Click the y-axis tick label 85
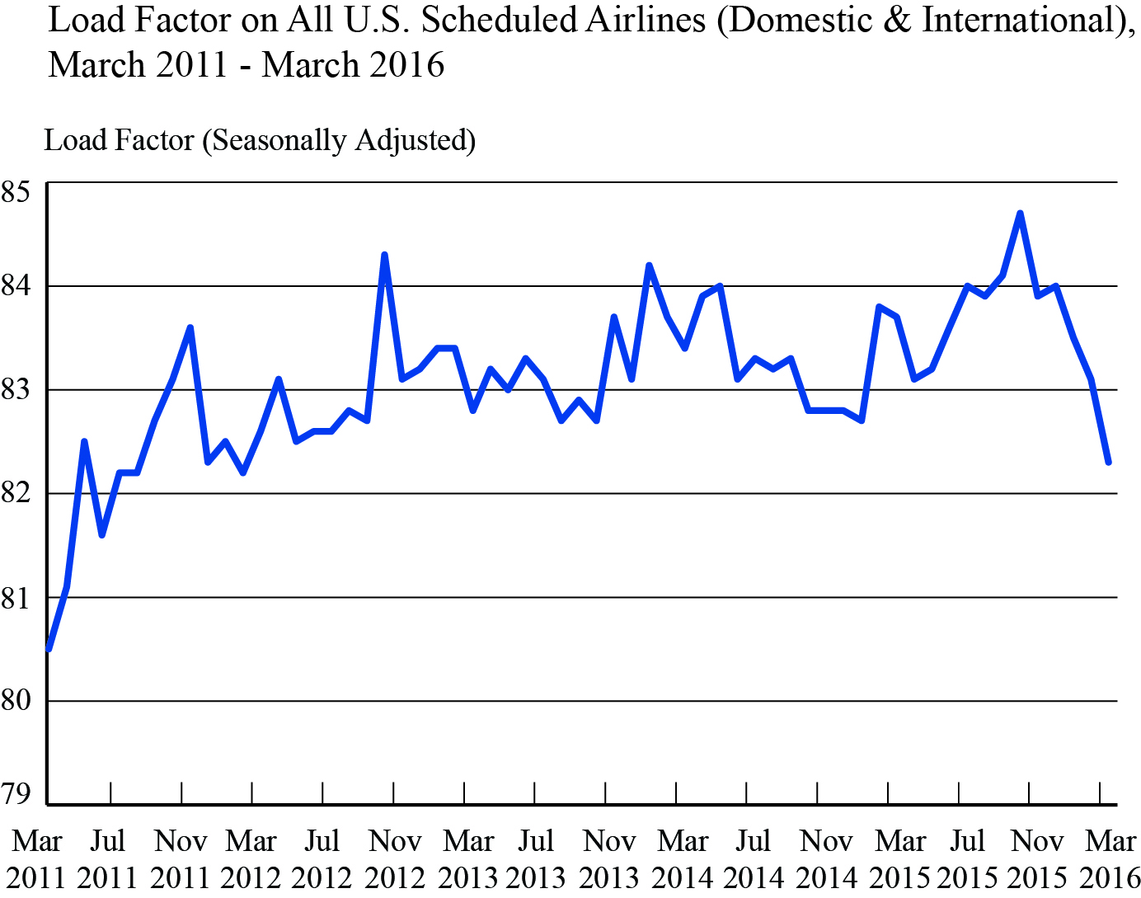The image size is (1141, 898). point(16,192)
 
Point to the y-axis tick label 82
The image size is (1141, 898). point(16,493)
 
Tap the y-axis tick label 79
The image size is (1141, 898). point(16,793)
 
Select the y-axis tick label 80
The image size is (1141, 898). point(16,700)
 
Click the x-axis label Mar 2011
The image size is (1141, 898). point(37,858)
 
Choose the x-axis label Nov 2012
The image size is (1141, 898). point(395,858)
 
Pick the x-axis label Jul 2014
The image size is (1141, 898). point(753,858)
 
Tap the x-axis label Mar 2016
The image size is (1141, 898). point(1110,858)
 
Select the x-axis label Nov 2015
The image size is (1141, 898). point(1037,858)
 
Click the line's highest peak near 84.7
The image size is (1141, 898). point(1021,214)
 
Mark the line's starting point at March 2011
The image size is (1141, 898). point(49,649)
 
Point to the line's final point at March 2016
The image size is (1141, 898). point(1109,463)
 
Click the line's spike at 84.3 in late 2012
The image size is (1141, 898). point(384,255)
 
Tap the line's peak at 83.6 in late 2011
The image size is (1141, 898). point(190,327)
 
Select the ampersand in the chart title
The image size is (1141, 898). point(896,20)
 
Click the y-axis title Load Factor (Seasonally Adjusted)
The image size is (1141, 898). point(260,140)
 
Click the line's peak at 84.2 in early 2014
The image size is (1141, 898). point(649,266)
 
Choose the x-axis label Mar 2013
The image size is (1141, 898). point(467,858)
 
